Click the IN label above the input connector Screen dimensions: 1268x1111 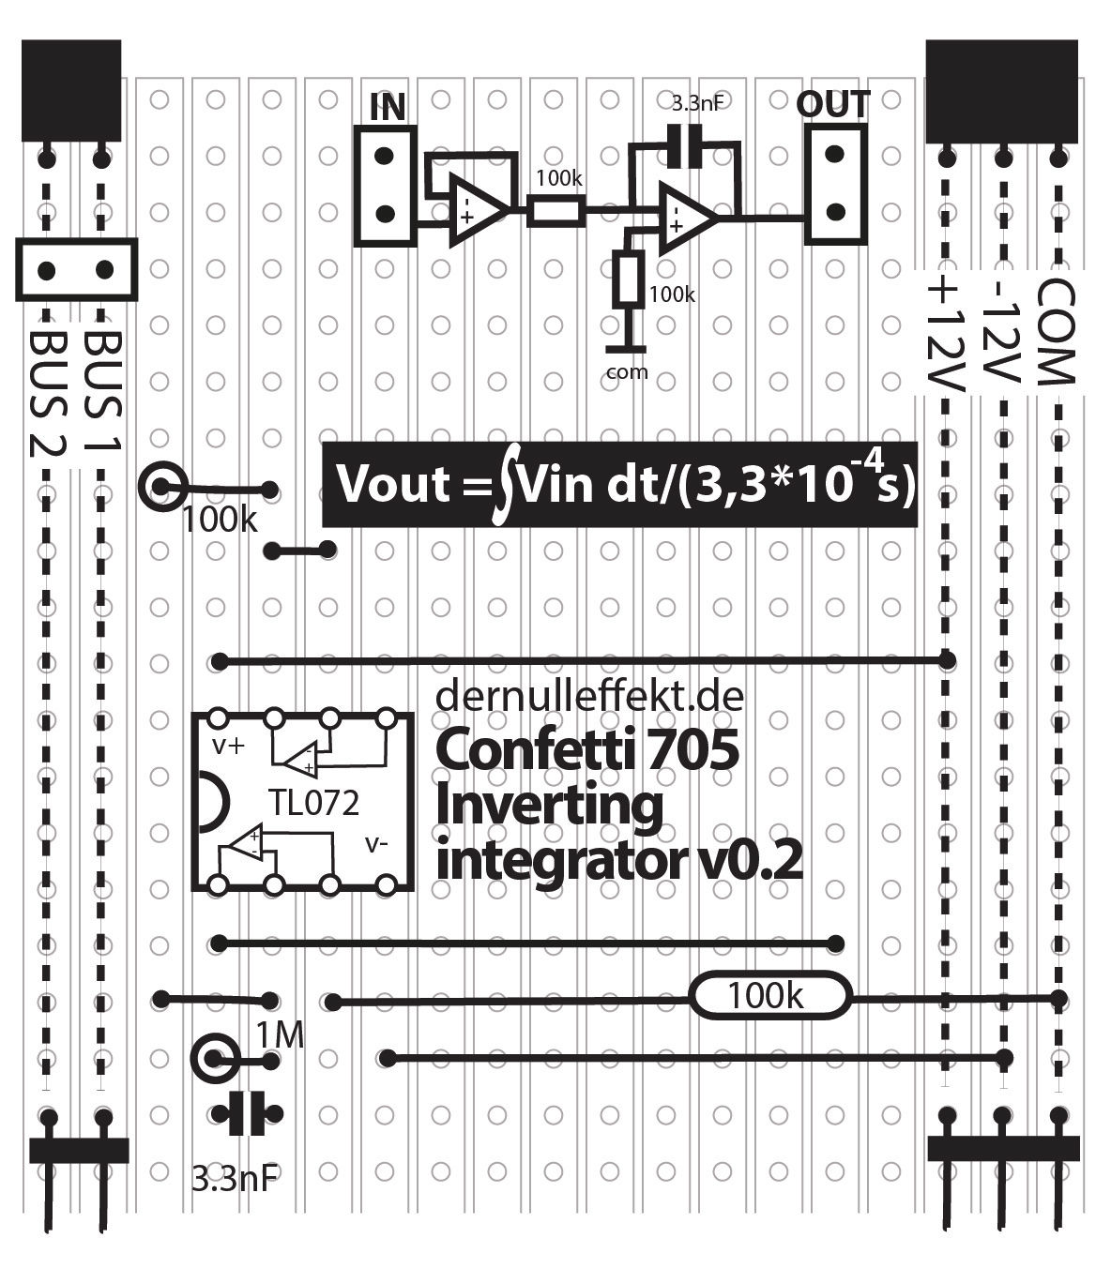[x=388, y=107]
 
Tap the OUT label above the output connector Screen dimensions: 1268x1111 [x=832, y=104]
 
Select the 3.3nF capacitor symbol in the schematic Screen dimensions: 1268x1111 [x=684, y=146]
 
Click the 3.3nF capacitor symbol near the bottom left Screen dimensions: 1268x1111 [x=247, y=1114]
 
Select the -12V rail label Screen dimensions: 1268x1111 [x=1000, y=333]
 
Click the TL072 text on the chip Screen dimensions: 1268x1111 [x=313, y=803]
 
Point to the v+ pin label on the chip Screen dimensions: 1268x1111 [x=228, y=747]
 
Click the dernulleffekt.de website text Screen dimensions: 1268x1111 [x=590, y=696]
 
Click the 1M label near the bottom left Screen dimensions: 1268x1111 [x=281, y=1035]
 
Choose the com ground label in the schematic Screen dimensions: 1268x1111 [x=627, y=371]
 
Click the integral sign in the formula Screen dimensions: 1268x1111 [x=506, y=486]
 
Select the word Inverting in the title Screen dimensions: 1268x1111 [x=549, y=805]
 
